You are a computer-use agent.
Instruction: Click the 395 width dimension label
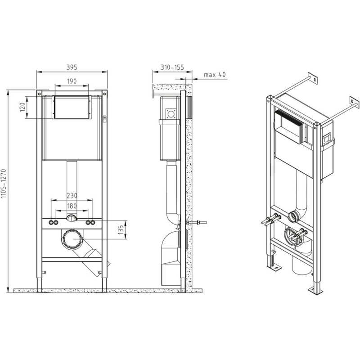pos(72,67)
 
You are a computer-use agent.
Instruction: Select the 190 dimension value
pos(72,81)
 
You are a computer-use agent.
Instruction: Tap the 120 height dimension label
pos(22,107)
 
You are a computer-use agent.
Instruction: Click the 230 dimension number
pos(72,196)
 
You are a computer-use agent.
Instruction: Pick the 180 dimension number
pos(72,206)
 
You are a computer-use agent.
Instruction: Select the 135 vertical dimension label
pos(121,230)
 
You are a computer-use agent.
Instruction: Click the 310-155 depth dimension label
pos(172,67)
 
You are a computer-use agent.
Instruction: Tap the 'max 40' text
pos(215,75)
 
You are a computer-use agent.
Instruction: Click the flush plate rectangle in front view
pos(72,107)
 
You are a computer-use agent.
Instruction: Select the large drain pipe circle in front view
pos(72,239)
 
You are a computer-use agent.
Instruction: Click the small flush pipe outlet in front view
pos(72,218)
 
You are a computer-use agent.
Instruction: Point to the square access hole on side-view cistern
pos(171,114)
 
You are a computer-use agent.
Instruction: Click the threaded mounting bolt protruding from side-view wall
pos(197,222)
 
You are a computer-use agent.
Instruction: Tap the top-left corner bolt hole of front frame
pos(39,94)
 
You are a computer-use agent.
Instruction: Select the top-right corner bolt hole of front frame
pos(104,94)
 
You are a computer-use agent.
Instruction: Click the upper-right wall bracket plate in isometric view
pos(355,103)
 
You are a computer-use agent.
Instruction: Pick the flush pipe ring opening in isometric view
pos(293,216)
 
